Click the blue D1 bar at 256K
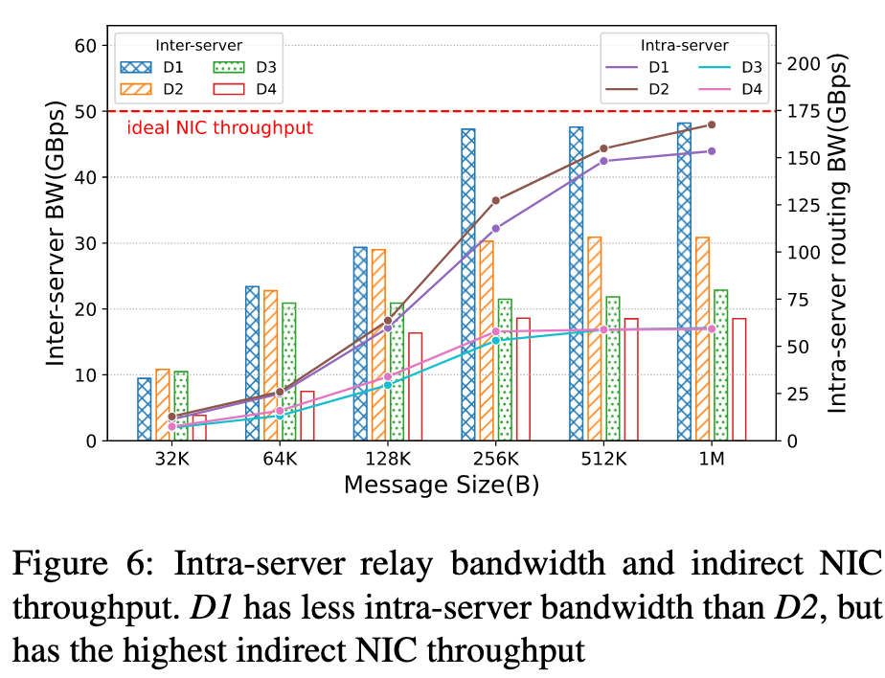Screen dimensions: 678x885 pos(467,284)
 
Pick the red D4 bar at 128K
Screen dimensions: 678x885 pos(415,386)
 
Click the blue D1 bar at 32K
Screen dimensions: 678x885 pos(144,409)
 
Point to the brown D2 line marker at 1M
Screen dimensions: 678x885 pos(712,124)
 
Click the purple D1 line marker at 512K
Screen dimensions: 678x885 pos(603,161)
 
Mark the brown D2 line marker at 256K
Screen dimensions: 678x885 pos(495,200)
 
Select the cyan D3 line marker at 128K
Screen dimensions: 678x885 pos(388,384)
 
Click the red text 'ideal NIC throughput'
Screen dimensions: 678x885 pos(219,127)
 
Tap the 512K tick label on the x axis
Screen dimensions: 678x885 pos(602,460)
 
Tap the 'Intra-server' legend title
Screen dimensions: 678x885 pos(684,45)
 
